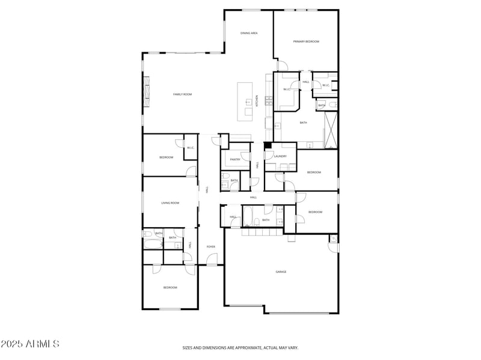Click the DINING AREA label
click(x=249, y=33)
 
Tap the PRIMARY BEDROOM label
click(x=306, y=41)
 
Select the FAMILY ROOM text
click(x=182, y=94)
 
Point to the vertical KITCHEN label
click(x=257, y=101)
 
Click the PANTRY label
click(x=235, y=159)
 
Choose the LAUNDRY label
click(x=280, y=156)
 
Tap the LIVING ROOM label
click(x=170, y=203)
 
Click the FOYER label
click(x=211, y=246)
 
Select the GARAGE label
click(x=281, y=272)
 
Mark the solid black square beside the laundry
click(x=268, y=145)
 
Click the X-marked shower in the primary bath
click(x=330, y=129)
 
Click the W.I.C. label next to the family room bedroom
click(x=190, y=148)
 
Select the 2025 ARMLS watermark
click(x=30, y=344)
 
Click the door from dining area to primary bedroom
click(x=278, y=65)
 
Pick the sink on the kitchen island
click(x=247, y=102)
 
